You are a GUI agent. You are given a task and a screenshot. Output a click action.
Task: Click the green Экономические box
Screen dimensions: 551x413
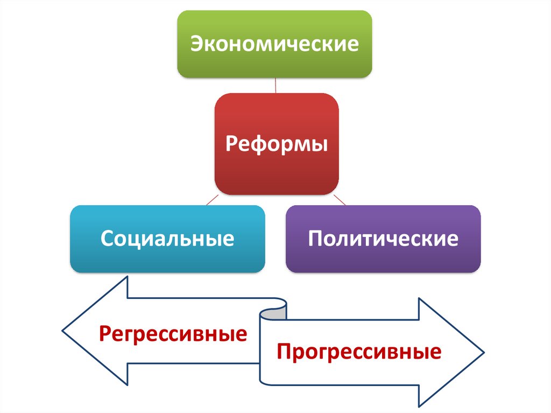[x=274, y=43]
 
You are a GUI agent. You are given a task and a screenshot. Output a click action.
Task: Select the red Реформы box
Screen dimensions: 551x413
[x=277, y=144]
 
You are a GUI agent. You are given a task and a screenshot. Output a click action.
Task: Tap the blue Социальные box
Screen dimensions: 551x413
[x=167, y=238]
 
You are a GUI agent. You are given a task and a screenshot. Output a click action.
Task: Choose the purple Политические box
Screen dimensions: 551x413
[x=383, y=238]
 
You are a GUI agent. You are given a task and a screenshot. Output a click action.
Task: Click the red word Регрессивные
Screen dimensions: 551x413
[x=172, y=334]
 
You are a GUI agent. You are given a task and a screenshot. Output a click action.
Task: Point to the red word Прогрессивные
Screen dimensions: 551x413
[x=359, y=352]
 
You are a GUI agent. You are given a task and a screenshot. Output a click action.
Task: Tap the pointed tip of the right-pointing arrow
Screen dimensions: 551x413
[x=483, y=354]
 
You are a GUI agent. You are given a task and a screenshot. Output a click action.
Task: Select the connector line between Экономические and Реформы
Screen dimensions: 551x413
[x=275, y=85]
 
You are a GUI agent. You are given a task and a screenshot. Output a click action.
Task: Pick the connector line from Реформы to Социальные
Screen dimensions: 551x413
[x=211, y=200]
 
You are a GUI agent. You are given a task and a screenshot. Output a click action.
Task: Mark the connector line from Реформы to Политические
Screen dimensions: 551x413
[x=341, y=200]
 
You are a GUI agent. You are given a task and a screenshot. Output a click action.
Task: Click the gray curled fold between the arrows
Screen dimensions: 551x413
[x=274, y=312]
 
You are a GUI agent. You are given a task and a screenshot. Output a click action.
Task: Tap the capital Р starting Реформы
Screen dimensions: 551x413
[x=230, y=144]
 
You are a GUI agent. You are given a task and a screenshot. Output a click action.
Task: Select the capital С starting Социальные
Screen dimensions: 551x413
[x=105, y=239]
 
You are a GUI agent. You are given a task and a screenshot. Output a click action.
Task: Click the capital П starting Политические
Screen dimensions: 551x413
[x=315, y=239]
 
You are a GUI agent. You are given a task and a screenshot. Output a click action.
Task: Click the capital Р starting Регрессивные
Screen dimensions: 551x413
[x=104, y=334]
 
